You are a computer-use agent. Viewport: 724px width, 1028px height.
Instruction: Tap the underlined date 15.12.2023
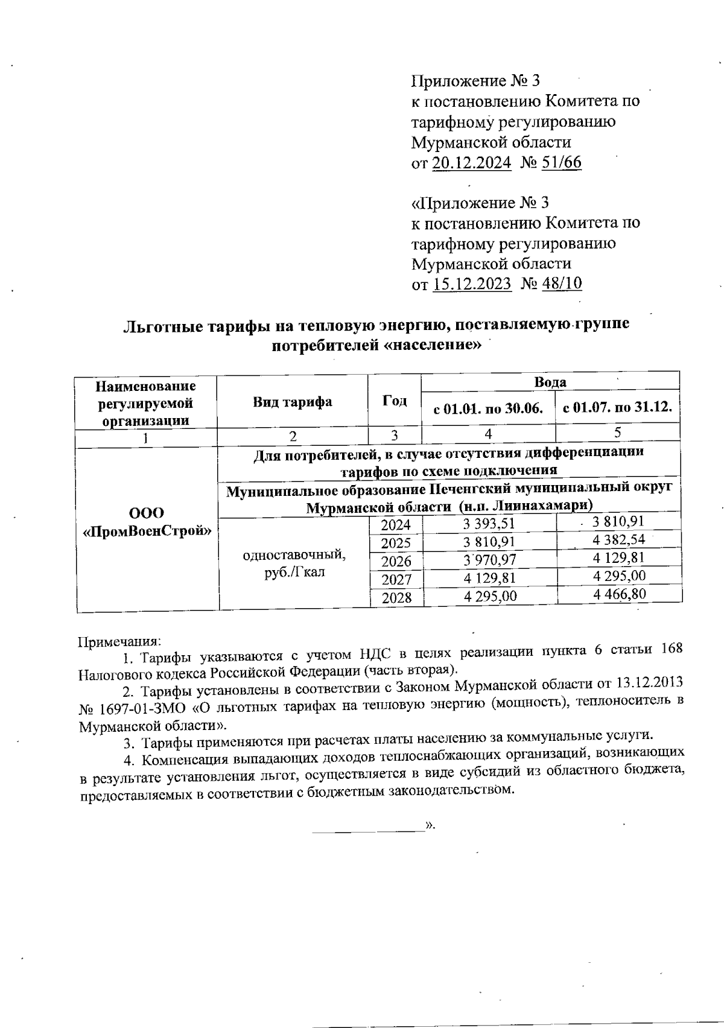pos(472,284)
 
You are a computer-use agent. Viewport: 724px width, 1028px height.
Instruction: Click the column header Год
pos(395,401)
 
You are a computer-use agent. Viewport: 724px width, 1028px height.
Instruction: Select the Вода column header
pos(550,382)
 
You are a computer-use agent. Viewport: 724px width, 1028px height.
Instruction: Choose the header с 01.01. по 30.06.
pos(489,408)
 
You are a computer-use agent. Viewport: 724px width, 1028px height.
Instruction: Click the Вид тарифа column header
pos(293,402)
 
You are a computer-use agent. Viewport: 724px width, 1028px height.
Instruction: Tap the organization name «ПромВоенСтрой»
pos(147,531)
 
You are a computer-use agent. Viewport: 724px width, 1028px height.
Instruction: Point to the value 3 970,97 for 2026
pos(490,560)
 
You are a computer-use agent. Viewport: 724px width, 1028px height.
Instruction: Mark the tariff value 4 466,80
pos(620,594)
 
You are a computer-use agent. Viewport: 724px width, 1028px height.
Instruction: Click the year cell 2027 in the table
pos(396,579)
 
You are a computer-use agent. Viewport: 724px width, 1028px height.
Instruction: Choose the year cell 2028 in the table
pos(396,597)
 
